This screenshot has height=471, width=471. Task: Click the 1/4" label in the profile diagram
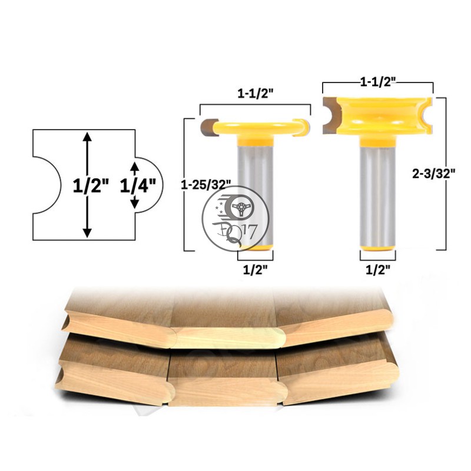click(x=138, y=185)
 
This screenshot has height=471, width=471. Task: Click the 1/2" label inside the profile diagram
click(x=91, y=185)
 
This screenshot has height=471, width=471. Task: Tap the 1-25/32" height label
click(x=206, y=185)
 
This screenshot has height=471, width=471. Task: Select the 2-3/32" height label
click(x=434, y=173)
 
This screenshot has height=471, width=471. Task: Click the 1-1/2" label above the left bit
click(x=256, y=94)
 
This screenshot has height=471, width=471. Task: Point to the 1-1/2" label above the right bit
click(x=378, y=82)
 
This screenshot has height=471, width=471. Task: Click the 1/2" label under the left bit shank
click(x=255, y=270)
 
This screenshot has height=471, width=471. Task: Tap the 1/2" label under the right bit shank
click(x=377, y=270)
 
